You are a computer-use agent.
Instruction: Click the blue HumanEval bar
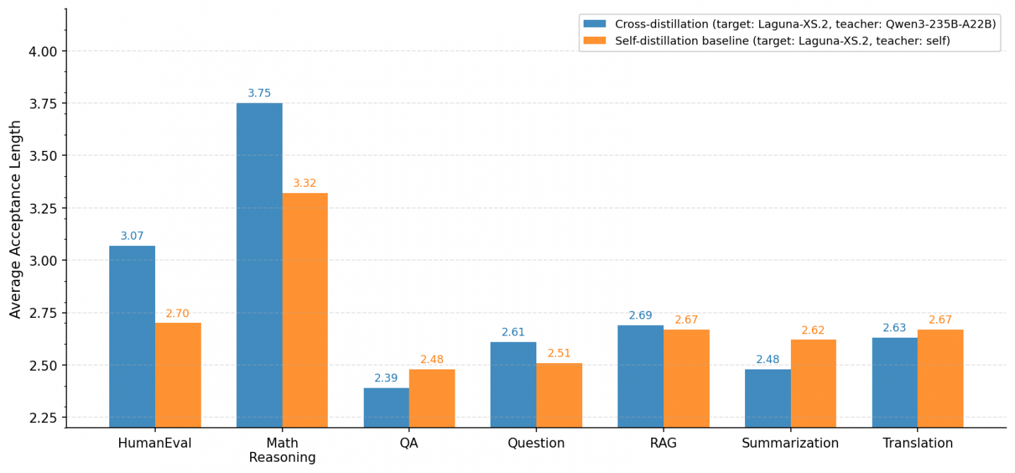(133, 337)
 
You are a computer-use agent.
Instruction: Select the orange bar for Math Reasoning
(305, 310)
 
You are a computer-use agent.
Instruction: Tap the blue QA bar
(386, 407)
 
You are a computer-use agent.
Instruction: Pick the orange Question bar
(559, 395)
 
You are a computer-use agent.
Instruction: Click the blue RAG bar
(641, 376)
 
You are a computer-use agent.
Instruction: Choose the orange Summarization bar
(813, 383)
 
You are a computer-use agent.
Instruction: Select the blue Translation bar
(895, 383)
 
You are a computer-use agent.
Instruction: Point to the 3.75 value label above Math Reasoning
(259, 93)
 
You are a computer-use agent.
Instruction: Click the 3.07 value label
(132, 236)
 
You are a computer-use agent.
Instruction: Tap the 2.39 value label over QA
(386, 379)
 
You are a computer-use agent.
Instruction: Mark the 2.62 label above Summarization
(813, 331)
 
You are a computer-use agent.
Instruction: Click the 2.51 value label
(559, 353)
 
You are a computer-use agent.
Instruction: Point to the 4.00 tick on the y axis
(43, 51)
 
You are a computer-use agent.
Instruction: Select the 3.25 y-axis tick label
(43, 209)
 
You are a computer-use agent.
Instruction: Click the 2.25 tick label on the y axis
(43, 418)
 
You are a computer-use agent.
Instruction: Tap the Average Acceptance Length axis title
(15, 220)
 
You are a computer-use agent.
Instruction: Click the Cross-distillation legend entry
(789, 24)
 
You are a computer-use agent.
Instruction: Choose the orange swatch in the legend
(594, 41)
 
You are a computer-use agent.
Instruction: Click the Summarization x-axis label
(790, 443)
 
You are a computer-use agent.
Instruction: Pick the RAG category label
(663, 443)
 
